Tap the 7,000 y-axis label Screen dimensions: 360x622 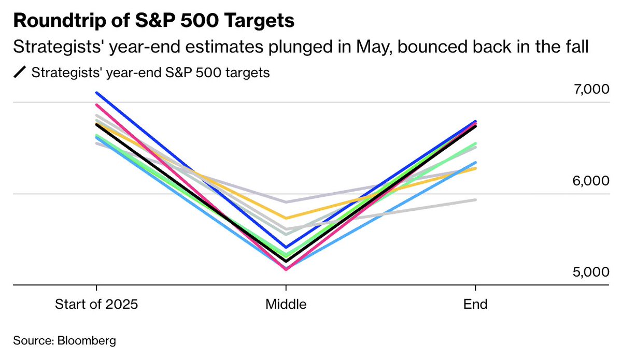[587, 90]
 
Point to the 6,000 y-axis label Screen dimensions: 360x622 [587, 182]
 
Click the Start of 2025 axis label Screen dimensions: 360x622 [96, 304]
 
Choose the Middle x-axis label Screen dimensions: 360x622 [286, 304]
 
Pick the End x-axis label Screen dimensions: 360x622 [476, 304]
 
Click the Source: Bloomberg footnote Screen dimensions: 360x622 [64, 341]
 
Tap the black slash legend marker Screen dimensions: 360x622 [20, 73]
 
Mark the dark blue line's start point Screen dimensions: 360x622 [96, 93]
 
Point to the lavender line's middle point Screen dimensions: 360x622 [286, 202]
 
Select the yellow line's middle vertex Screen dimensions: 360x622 [286, 218]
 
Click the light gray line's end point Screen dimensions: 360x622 [476, 199]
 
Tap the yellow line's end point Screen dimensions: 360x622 [476, 168]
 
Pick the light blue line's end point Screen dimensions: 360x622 [476, 162]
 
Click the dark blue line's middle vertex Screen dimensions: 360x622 [286, 247]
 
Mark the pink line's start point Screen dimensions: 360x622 [96, 105]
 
